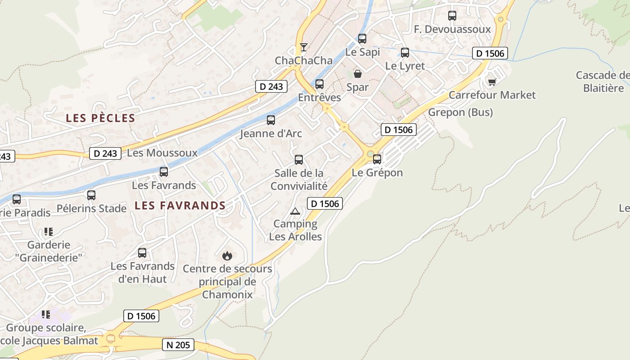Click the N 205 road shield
point(178,345)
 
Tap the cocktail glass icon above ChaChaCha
point(304,47)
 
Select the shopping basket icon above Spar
point(358,74)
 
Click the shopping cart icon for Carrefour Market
point(492,82)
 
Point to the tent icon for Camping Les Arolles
point(295,211)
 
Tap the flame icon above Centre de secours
point(227,256)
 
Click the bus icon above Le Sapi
point(362,39)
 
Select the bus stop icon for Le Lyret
point(405,53)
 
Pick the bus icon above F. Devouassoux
point(452,16)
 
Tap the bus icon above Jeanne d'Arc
point(271,120)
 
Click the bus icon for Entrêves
point(319,84)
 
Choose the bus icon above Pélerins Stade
point(91,195)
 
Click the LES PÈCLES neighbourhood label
point(100,118)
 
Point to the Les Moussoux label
point(162,153)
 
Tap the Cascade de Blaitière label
point(603,81)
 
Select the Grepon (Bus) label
point(460,112)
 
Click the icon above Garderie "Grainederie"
point(49,232)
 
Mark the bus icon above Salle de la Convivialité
point(299,160)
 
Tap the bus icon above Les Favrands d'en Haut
point(142,253)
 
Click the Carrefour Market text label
point(492,95)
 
